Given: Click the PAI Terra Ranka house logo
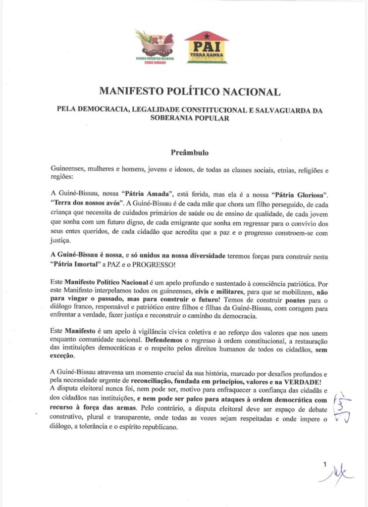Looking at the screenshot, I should pyautogui.click(x=207, y=47).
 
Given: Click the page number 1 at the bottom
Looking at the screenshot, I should pyautogui.click(x=325, y=465).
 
